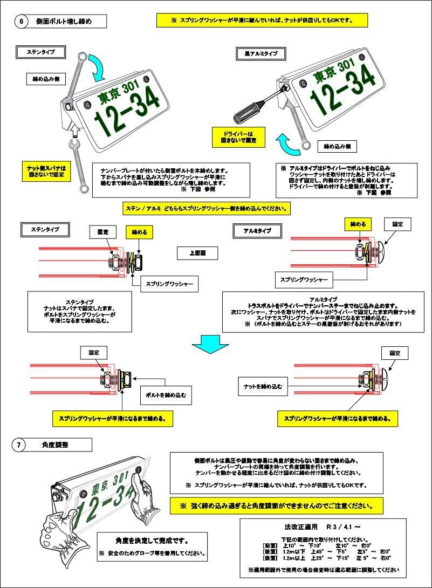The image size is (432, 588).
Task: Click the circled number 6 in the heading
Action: click(x=22, y=22)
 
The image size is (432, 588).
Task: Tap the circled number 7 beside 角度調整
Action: click(x=19, y=445)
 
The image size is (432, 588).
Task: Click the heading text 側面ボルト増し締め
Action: click(x=64, y=22)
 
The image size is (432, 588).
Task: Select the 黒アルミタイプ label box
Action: click(x=258, y=54)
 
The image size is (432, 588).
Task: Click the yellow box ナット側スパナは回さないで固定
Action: click(x=46, y=171)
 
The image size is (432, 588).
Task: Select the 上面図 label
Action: click(x=197, y=252)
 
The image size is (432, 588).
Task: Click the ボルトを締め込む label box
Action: click(x=165, y=395)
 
